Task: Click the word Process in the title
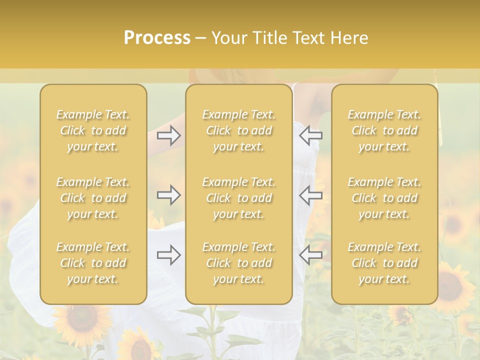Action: tap(157, 38)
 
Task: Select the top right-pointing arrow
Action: tap(169, 135)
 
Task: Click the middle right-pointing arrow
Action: tap(169, 195)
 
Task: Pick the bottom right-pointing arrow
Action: tap(169, 255)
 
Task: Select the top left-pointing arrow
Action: tap(310, 135)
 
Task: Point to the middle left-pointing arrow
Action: tap(310, 195)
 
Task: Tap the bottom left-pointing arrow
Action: tap(310, 255)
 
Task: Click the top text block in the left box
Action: tap(93, 130)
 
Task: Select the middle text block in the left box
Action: tap(93, 198)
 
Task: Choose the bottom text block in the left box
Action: tap(93, 263)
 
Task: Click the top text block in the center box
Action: tap(239, 130)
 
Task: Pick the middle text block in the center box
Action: tap(239, 198)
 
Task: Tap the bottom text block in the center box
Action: tap(239, 263)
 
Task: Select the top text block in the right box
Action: tap(384, 130)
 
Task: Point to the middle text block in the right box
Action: tap(384, 198)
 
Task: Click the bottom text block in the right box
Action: tap(384, 263)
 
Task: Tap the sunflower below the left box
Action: tap(80, 320)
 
